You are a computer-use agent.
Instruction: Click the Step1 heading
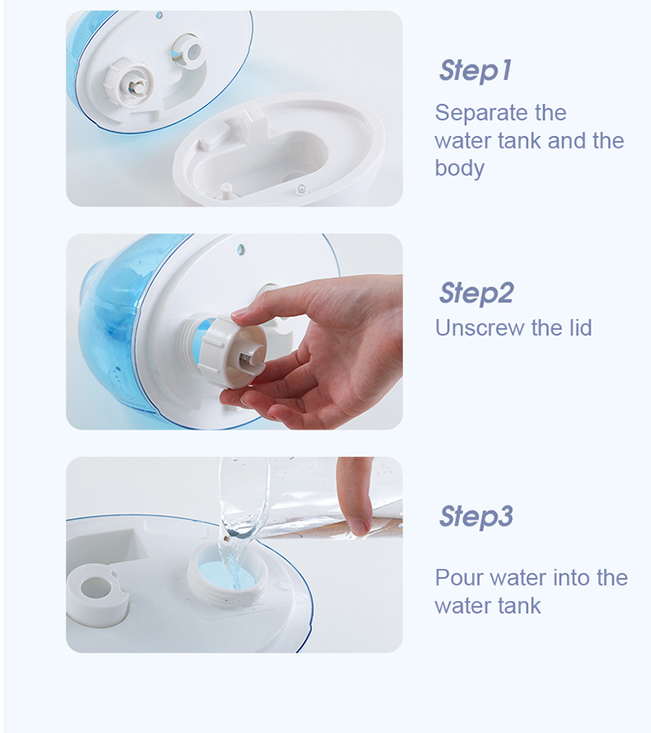[475, 70]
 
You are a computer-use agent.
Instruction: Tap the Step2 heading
[477, 293]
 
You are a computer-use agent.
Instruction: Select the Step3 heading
[477, 516]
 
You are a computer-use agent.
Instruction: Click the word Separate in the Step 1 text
[477, 113]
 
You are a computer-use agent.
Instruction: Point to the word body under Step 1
[459, 168]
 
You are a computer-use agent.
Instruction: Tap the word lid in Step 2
[581, 327]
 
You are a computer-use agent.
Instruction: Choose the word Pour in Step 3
[459, 578]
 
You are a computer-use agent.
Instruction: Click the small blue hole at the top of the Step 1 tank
[159, 16]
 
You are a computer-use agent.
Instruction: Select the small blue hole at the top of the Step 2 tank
[241, 248]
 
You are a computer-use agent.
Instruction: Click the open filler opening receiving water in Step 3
[228, 572]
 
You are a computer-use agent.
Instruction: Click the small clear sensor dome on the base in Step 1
[301, 188]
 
